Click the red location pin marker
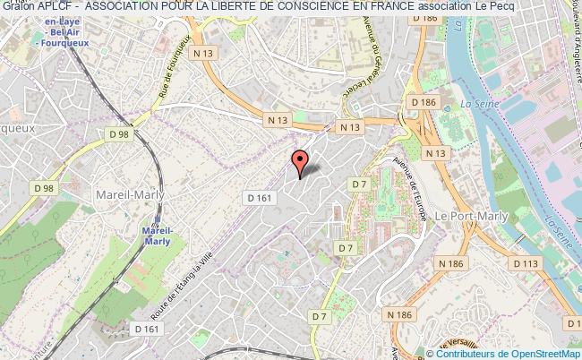point(299,162)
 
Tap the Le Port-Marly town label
point(471,216)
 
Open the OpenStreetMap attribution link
point(530,354)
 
